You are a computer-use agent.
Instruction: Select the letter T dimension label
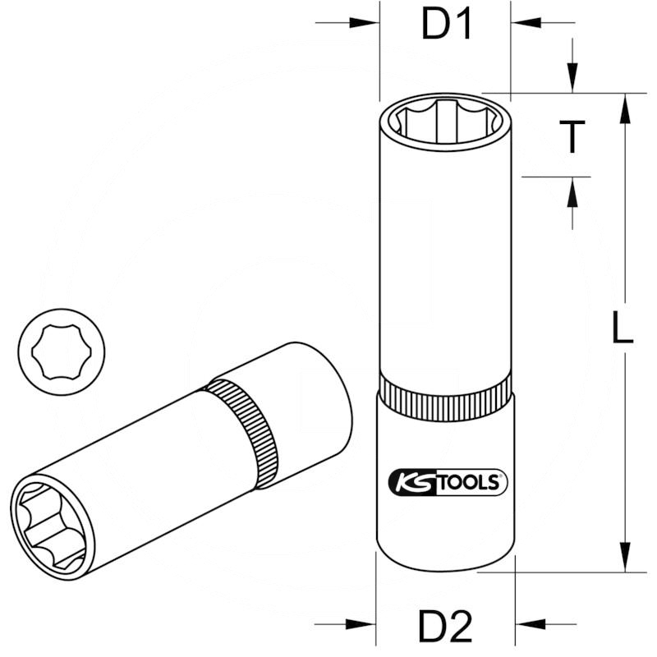[572, 136]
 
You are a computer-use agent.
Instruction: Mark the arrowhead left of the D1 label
[365, 22]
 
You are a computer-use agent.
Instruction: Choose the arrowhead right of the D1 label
[526, 22]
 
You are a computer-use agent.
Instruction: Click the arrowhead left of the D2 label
[360, 623]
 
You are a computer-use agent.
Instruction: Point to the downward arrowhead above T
[572, 79]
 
